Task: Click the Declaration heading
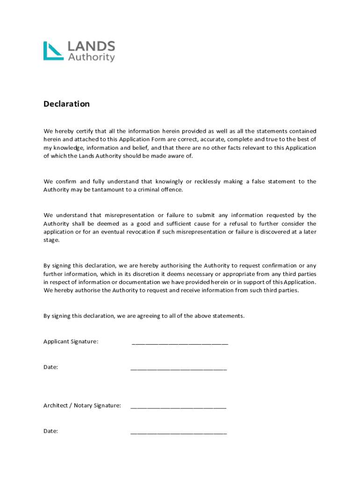(x=66, y=104)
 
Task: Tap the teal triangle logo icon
(x=53, y=51)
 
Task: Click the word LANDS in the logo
(x=91, y=46)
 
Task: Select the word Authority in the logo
(x=91, y=57)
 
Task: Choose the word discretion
(x=123, y=274)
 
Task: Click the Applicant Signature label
(x=71, y=341)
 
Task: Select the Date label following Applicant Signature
(x=50, y=367)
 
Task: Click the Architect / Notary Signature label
(x=82, y=406)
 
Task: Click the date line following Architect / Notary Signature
(x=179, y=433)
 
